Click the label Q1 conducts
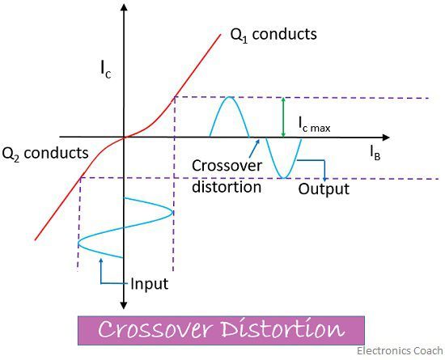click(273, 35)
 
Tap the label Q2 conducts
click(45, 154)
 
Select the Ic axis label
click(105, 70)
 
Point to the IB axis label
click(375, 153)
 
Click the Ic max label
click(315, 125)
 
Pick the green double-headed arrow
click(282, 117)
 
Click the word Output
click(324, 189)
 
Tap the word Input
click(150, 284)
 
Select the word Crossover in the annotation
click(227, 166)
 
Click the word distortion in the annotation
click(227, 187)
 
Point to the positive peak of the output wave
click(229, 97)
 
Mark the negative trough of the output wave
click(284, 178)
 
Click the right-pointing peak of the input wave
click(172, 213)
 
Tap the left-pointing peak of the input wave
click(78, 244)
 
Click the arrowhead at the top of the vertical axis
click(124, 6)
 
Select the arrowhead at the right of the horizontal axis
click(386, 138)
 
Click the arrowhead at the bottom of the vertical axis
click(124, 306)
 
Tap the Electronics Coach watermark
click(400, 351)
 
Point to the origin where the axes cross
click(124, 138)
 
